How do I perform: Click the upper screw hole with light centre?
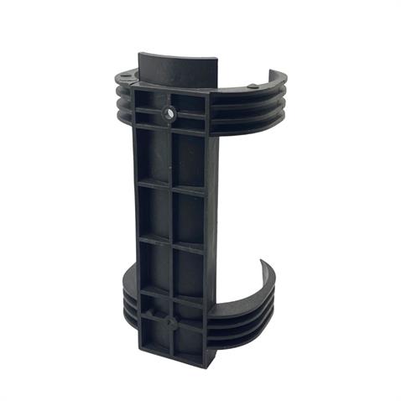(x=170, y=112)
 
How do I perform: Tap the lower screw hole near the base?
(x=170, y=321)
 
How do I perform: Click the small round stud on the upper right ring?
(x=253, y=86)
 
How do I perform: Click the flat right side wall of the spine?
(x=212, y=218)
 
